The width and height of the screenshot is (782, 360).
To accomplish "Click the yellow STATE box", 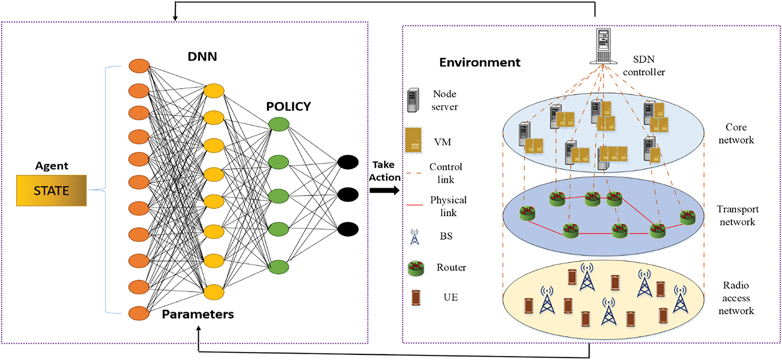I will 51,190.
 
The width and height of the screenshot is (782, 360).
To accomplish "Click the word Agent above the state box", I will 52,166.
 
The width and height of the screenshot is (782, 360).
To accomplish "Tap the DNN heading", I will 202,57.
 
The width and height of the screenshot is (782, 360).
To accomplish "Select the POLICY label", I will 288,107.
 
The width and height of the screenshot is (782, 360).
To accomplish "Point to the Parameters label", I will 197,314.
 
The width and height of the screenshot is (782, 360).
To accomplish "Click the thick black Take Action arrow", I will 384,190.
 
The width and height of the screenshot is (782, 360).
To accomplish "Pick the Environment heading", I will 479,62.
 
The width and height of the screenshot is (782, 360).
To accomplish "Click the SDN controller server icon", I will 603,46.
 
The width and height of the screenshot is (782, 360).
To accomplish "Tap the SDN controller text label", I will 644,66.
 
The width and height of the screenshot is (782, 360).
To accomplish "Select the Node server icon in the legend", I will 413,100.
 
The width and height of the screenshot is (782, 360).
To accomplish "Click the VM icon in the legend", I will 413,140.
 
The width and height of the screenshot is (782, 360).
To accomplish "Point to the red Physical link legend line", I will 414,204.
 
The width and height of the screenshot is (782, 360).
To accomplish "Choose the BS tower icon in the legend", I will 415,237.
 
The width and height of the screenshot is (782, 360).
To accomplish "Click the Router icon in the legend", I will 416,268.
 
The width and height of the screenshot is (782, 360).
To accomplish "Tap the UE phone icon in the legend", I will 416,298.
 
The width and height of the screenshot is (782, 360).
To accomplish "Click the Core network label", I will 736,134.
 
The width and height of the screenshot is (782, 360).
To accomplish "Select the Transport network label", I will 737,216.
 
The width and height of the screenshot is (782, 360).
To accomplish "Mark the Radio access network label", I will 736,298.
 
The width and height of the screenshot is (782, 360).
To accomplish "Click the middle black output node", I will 348,195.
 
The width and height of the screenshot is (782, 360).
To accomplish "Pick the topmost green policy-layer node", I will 279,124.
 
